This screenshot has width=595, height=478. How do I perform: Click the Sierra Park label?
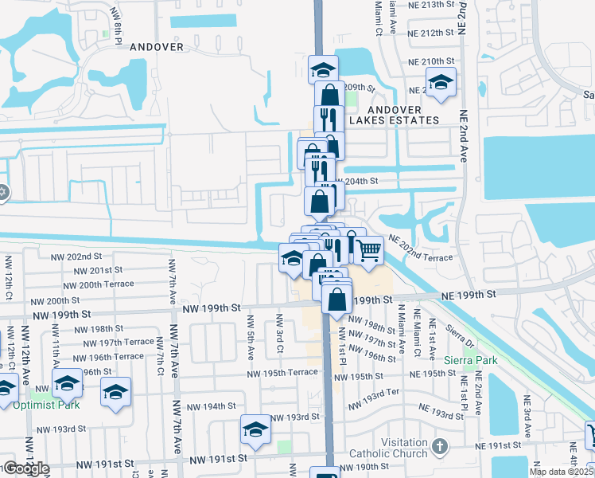[x=475, y=360]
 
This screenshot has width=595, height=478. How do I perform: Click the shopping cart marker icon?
[x=369, y=250]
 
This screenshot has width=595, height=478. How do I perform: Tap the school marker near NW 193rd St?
[x=255, y=429]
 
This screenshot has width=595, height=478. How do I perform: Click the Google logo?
[x=25, y=468]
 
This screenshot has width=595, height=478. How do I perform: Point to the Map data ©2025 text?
[x=561, y=472]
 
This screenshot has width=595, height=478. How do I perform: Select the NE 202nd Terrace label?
[x=421, y=249]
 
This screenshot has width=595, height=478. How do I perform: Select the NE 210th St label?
[x=430, y=61]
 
